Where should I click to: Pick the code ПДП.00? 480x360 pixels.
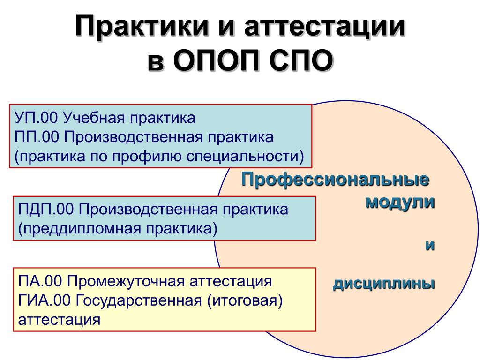click(46, 210)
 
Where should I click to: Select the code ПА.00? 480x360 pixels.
click(40, 281)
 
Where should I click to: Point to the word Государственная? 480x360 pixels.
click(139, 300)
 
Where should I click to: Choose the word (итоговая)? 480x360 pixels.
click(245, 301)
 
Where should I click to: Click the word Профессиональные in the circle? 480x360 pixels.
click(335, 180)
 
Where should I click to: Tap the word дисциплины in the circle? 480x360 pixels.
click(384, 285)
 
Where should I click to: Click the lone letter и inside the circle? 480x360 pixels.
click(430, 246)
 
